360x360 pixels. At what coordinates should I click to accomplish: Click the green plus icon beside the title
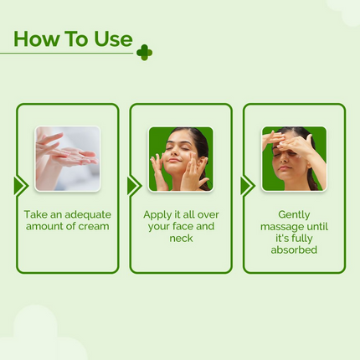pyautogui.click(x=144, y=53)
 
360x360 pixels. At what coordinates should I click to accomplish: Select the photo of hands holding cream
pyautogui.click(x=67, y=158)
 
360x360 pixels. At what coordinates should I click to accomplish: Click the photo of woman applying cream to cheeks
pyautogui.click(x=181, y=158)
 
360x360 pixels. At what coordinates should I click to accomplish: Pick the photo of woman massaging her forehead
pyautogui.click(x=294, y=158)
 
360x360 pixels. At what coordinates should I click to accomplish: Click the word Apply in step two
pyautogui.click(x=157, y=213)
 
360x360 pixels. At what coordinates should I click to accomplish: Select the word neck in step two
pyautogui.click(x=181, y=238)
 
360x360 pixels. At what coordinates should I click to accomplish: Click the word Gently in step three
pyautogui.click(x=294, y=213)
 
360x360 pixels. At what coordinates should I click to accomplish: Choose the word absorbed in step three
pyautogui.click(x=294, y=249)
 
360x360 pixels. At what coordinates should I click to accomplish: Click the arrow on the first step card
pyautogui.click(x=19, y=186)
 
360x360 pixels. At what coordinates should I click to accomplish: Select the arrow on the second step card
pyautogui.click(x=133, y=186)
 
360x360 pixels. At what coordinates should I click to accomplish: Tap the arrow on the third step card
pyautogui.click(x=246, y=186)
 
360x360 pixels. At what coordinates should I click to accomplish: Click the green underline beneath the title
pyautogui.click(x=67, y=54)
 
